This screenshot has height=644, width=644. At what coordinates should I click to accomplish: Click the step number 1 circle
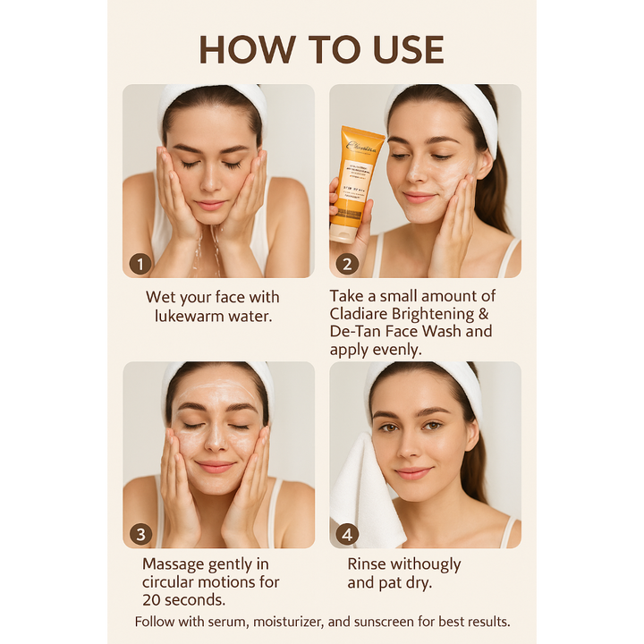tap(140, 263)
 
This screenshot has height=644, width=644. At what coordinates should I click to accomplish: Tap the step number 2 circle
tap(347, 263)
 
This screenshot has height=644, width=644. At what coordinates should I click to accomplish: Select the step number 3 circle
tap(140, 534)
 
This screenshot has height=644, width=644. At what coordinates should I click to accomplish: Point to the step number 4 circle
tap(347, 534)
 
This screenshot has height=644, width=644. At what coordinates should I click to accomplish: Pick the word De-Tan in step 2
tap(358, 332)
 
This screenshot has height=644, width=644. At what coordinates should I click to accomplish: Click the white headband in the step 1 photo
tap(213, 97)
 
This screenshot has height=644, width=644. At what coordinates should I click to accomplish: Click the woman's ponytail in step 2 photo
tap(490, 197)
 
